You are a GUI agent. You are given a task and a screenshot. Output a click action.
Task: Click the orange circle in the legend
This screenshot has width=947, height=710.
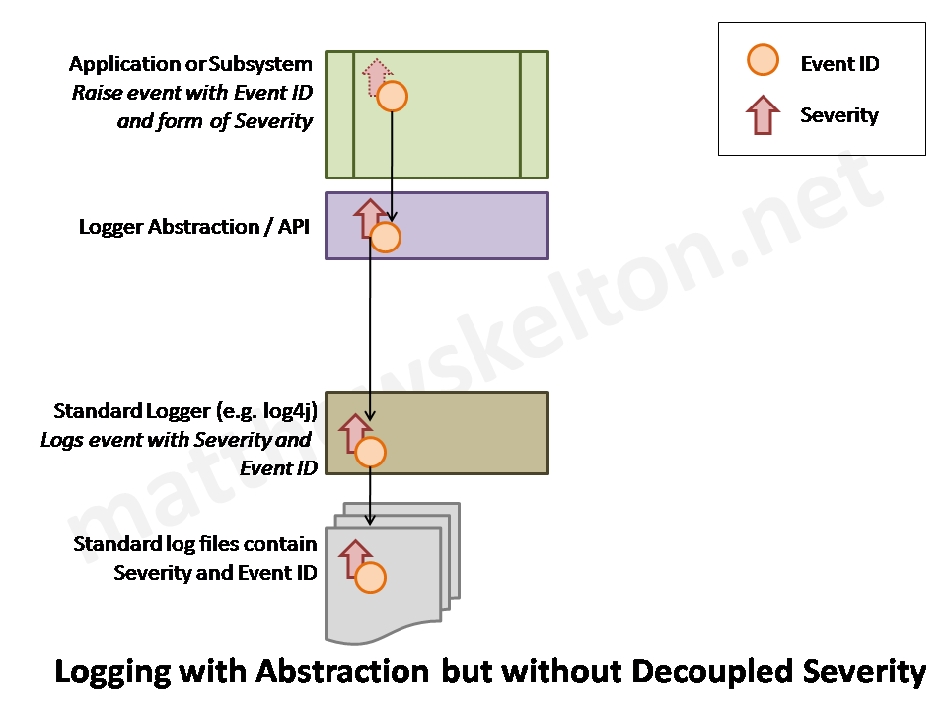pos(764,61)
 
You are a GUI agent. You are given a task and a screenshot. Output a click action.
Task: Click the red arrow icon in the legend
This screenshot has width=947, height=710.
pos(763,114)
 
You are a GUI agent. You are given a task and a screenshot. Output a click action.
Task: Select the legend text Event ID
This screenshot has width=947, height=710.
pos(839,64)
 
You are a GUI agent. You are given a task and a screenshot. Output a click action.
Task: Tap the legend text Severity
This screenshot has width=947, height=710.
pos(838,115)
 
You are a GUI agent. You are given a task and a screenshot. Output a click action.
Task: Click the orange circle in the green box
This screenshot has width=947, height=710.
pos(393,97)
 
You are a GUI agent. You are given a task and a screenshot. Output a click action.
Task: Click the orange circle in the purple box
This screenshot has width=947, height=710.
pos(385,238)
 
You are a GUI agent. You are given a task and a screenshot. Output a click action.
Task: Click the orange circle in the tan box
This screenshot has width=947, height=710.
pos(370,452)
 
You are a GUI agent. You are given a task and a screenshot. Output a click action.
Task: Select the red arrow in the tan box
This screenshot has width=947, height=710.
pos(353,432)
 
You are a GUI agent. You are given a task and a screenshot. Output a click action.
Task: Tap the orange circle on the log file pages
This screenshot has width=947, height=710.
pos(370,578)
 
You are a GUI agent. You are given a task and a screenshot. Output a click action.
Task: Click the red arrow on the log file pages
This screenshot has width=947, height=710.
pos(353,557)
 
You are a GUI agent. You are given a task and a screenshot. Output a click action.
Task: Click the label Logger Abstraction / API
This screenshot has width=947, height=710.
pos(194,227)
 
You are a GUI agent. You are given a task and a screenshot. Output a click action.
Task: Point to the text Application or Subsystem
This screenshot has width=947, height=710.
pos(190,64)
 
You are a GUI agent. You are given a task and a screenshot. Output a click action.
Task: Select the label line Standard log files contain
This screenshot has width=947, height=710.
pos(195,544)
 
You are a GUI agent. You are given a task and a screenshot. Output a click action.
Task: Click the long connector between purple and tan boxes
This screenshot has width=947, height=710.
pos(370,325)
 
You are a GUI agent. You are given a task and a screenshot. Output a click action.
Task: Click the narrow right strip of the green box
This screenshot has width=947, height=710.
pos(534,114)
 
